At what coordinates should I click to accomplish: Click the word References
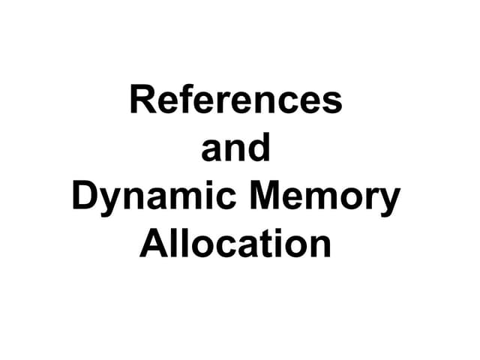tap(236, 99)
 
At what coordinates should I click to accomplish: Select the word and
tap(235, 147)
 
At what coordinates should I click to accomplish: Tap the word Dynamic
tap(154, 198)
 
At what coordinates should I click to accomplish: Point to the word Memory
tap(325, 198)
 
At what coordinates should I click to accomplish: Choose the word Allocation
tap(235, 243)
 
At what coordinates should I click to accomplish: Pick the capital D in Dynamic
tap(85, 195)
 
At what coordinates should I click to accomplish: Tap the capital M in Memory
tap(265, 195)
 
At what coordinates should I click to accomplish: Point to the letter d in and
tap(259, 147)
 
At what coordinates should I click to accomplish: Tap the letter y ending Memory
tap(389, 202)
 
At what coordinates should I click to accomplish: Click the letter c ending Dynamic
tap(225, 199)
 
